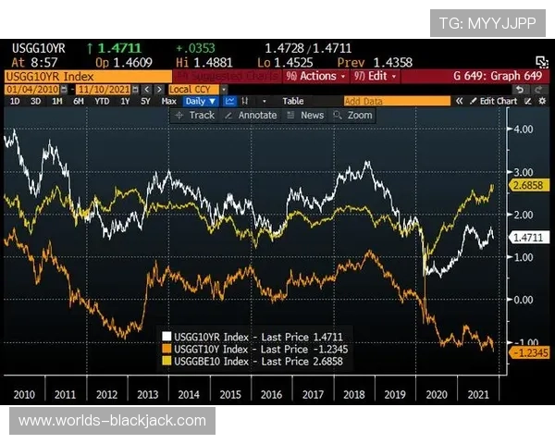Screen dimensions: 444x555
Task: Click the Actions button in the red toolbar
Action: (315, 76)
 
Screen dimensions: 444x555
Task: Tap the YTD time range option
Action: (101, 101)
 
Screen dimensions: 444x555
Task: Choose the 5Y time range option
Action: (145, 101)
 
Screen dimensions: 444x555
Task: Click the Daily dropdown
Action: (199, 101)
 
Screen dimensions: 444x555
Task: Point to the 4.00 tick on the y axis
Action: (524, 129)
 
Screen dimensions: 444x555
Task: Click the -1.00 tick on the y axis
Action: (524, 342)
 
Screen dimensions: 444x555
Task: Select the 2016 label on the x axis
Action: (270, 394)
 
